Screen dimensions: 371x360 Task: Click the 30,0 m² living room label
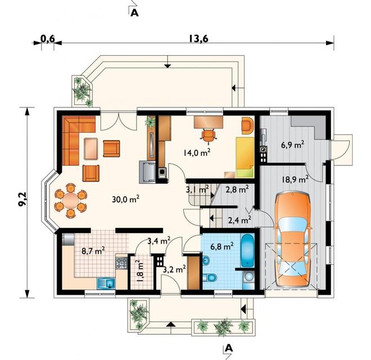click(125, 199)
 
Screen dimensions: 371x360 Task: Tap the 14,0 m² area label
click(197, 152)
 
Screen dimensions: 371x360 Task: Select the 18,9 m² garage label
click(295, 179)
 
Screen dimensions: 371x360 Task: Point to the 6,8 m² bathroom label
click(222, 246)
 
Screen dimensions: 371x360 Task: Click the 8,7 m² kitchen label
click(93, 250)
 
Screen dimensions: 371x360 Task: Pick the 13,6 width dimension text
click(198, 39)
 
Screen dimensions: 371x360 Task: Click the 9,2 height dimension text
click(24, 200)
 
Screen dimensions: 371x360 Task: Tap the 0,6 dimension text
click(48, 39)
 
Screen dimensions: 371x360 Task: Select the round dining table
click(70, 200)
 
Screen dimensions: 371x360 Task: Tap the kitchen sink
click(106, 283)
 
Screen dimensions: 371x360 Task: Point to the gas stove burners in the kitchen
click(121, 263)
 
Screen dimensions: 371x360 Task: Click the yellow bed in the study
click(245, 157)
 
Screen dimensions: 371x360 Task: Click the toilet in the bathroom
click(210, 277)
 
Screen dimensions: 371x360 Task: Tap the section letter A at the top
click(134, 13)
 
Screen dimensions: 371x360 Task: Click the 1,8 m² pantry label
click(140, 271)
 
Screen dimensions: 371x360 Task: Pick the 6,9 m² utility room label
click(292, 145)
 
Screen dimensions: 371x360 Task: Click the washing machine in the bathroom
click(248, 277)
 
